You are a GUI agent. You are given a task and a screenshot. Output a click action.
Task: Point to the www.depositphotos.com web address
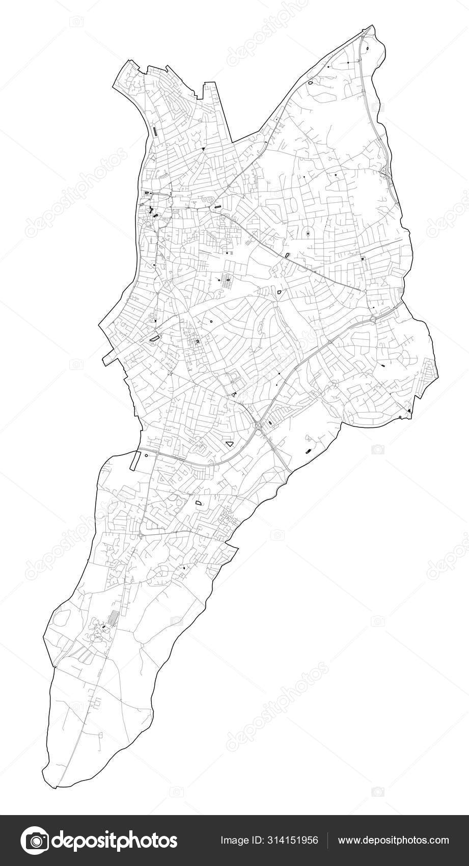[x=393, y=840]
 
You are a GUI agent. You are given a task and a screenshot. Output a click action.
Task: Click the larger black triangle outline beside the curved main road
[x=230, y=444]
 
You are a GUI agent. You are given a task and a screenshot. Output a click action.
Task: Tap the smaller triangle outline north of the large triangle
[x=234, y=394]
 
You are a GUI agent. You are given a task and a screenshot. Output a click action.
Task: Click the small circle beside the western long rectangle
[x=146, y=456]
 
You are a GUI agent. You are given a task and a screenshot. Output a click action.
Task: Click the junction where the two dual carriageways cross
[x=259, y=425]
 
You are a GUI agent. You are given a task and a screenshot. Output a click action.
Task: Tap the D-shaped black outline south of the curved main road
[x=199, y=503]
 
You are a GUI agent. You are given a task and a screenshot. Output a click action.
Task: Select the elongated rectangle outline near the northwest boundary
[x=154, y=131]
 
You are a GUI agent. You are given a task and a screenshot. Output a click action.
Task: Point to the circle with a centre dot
[x=308, y=234]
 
